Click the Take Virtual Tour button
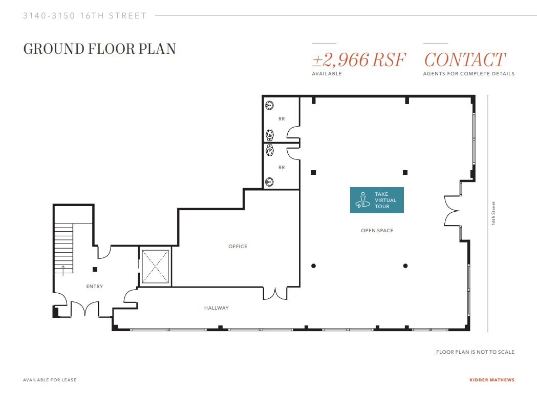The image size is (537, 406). [377, 200]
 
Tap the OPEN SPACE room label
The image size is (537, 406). [377, 231]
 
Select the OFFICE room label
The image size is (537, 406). [238, 247]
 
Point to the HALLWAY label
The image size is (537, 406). [217, 308]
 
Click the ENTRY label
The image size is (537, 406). [95, 287]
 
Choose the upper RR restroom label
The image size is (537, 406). [282, 119]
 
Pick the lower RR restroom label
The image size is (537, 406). [282, 168]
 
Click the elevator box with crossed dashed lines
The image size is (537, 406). [155, 267]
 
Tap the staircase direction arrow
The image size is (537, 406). [63, 270]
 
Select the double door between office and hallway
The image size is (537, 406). [275, 293]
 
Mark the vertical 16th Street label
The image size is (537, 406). [494, 213]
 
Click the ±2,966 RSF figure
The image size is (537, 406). [358, 60]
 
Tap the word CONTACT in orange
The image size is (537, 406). [465, 60]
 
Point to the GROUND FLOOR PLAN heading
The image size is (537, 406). [100, 49]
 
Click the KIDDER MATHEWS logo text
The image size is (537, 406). [491, 380]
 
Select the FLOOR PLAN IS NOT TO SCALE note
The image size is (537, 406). [475, 352]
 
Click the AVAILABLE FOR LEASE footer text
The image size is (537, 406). [50, 380]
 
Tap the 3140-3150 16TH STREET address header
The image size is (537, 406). [85, 16]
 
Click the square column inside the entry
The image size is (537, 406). [95, 269]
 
